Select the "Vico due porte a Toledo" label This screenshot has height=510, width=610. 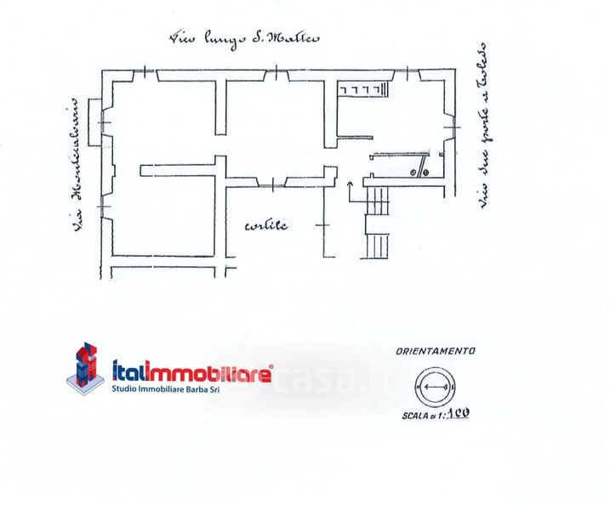click(x=481, y=127)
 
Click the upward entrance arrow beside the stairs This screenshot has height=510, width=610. click(x=350, y=190)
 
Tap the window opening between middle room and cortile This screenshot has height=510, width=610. click(x=271, y=182)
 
